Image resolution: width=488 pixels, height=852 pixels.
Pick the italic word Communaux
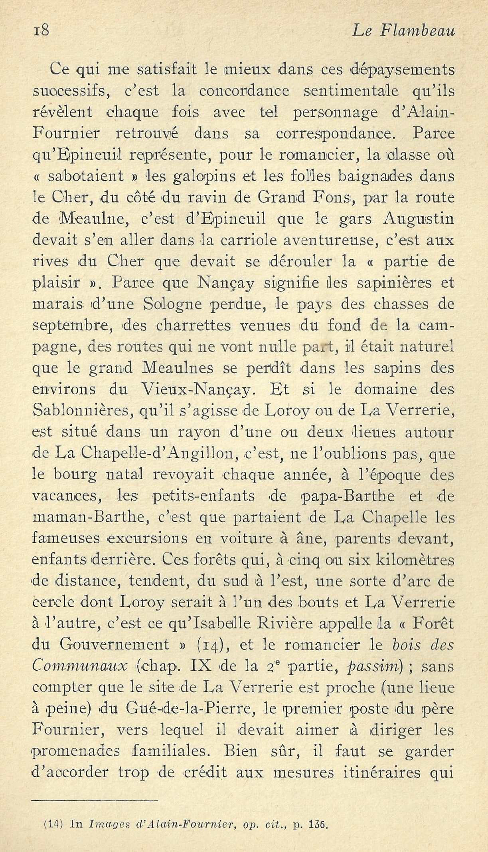pyautogui.click(x=79, y=666)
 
